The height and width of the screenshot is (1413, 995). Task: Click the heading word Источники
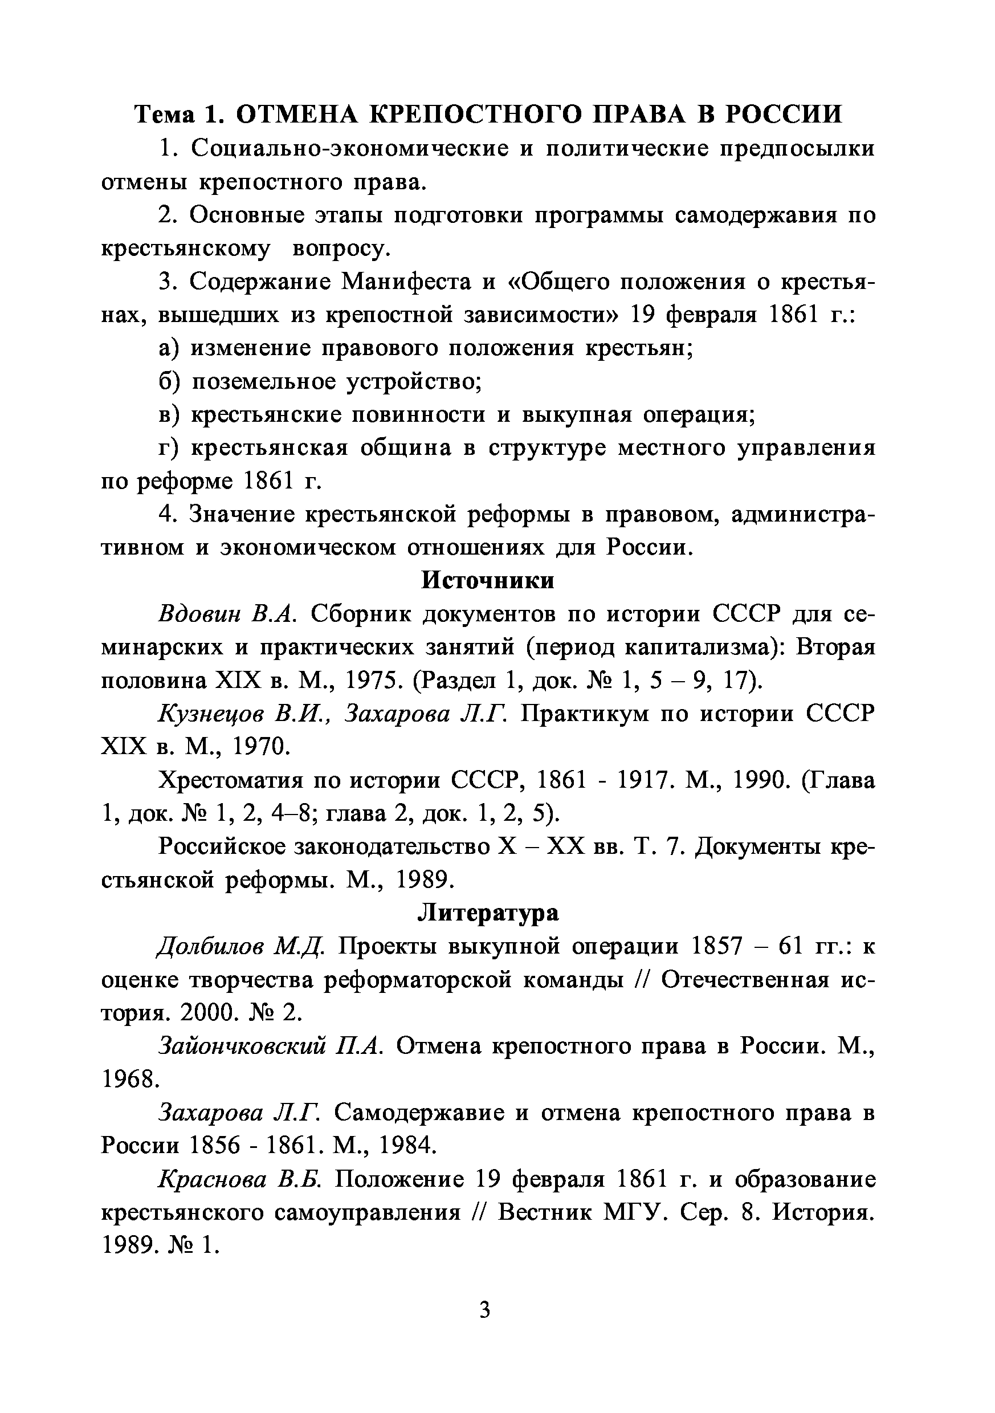(x=487, y=580)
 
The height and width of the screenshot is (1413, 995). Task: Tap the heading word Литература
(x=488, y=913)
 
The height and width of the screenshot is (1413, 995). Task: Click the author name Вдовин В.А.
(x=229, y=613)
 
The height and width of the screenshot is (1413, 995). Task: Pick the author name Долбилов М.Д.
(x=240, y=946)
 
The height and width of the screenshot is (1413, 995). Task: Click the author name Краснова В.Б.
(x=240, y=1179)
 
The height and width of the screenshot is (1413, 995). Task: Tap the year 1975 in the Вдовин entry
(x=370, y=680)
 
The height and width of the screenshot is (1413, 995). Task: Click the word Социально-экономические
(x=349, y=148)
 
